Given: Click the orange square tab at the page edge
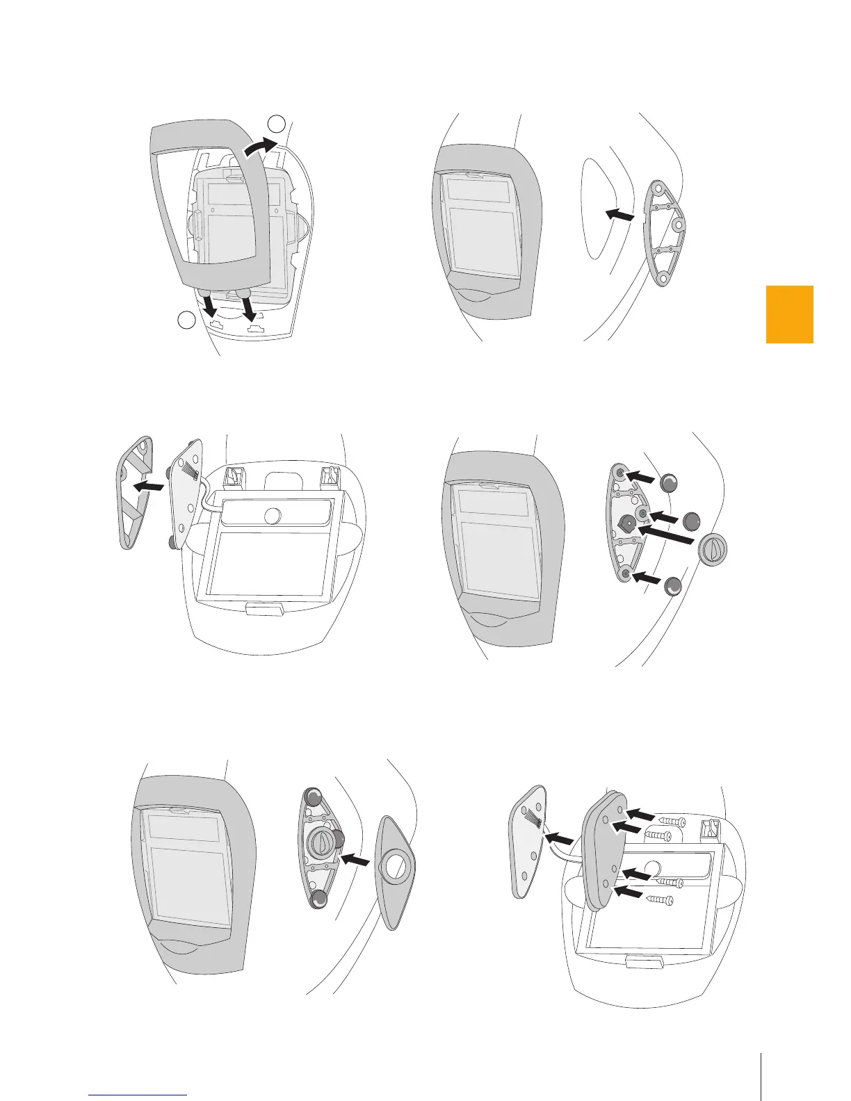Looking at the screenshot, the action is pos(789,314).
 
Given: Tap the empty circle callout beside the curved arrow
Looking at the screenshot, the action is pos(277,124).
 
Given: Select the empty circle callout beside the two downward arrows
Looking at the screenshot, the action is pos(186,320).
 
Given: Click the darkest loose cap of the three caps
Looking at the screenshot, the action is pos(692,521).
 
